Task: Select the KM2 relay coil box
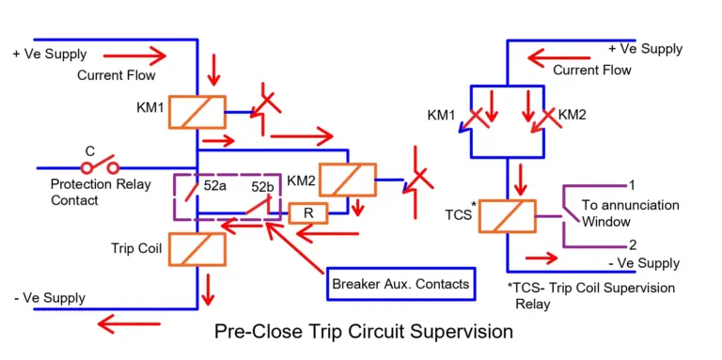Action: pyautogui.click(x=347, y=180)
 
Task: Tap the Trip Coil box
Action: pyautogui.click(x=196, y=248)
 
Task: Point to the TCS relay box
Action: pyautogui.click(x=507, y=216)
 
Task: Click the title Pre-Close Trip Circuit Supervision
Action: pyautogui.click(x=364, y=331)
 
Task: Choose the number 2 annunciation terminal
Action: pyautogui.click(x=632, y=244)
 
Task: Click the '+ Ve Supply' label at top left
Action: pyautogui.click(x=48, y=54)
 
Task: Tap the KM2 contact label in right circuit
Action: pyautogui.click(x=573, y=115)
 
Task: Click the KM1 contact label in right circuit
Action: pyautogui.click(x=442, y=115)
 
